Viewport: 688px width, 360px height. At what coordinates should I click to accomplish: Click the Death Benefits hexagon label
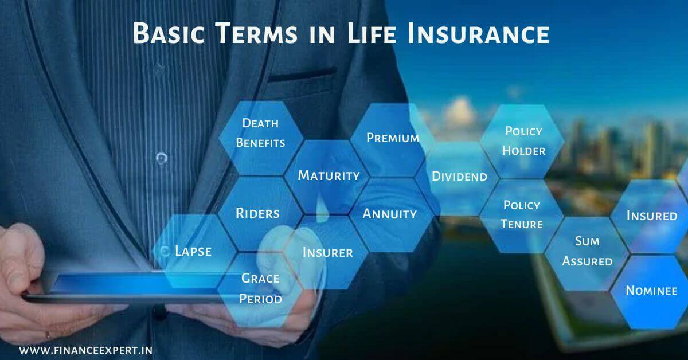pyautogui.click(x=260, y=132)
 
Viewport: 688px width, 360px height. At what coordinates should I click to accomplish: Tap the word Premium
pyautogui.click(x=393, y=138)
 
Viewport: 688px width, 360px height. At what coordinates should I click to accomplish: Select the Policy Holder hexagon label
pyautogui.click(x=523, y=141)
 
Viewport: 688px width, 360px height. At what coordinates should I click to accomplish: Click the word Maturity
pyautogui.click(x=329, y=175)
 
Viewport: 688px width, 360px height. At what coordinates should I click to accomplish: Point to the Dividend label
pyautogui.click(x=459, y=177)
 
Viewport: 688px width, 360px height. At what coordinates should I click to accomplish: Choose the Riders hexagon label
pyautogui.click(x=257, y=213)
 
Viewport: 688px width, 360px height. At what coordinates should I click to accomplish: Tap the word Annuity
pyautogui.click(x=389, y=214)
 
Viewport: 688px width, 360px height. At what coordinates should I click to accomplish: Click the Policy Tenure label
pyautogui.click(x=522, y=214)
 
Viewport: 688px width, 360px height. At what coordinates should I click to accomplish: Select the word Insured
pyautogui.click(x=652, y=216)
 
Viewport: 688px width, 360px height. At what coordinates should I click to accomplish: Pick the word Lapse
pyautogui.click(x=193, y=251)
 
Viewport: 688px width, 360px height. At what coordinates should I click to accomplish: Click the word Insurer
pyautogui.click(x=328, y=252)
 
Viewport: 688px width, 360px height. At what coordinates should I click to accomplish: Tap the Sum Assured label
pyautogui.click(x=587, y=251)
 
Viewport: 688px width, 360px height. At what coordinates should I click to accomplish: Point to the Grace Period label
pyautogui.click(x=260, y=288)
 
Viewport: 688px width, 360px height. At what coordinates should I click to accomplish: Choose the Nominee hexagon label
pyautogui.click(x=651, y=290)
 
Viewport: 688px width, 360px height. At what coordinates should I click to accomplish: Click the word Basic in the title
pyautogui.click(x=169, y=33)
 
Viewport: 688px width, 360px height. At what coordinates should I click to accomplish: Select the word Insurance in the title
pyautogui.click(x=479, y=33)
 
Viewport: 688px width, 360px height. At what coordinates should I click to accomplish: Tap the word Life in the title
pyautogui.click(x=372, y=33)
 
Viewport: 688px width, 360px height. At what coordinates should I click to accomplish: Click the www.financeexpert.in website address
pyautogui.click(x=85, y=350)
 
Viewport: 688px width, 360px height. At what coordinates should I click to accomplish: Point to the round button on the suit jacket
pyautogui.click(x=162, y=158)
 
